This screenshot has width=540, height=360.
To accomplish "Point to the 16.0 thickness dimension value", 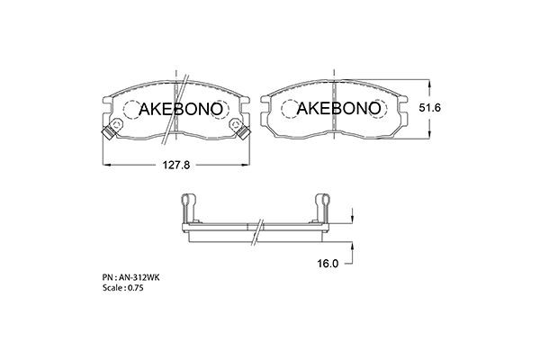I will (x=328, y=264).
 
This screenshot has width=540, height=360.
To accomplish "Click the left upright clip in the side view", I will (x=186, y=206).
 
